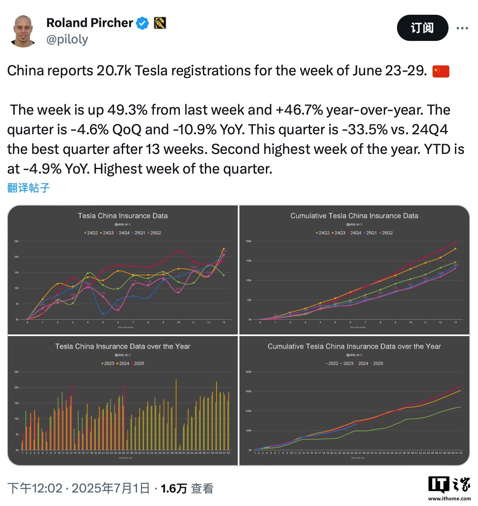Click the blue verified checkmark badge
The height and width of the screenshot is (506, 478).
click(142, 23)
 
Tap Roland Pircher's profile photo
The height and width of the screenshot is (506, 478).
click(23, 31)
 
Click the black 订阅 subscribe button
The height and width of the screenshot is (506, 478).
click(422, 28)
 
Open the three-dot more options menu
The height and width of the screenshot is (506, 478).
click(462, 28)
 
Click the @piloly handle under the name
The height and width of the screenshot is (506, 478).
click(67, 39)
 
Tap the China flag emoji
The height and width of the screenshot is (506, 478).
click(441, 71)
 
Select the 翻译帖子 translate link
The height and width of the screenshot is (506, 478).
click(29, 188)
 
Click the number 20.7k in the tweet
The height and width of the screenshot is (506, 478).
click(114, 71)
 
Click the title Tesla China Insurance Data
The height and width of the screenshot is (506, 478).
click(123, 216)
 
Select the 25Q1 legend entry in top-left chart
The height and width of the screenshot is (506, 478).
click(140, 233)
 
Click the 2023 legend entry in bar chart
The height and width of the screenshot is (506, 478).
click(108, 364)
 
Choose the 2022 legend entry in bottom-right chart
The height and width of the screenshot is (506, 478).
click(333, 364)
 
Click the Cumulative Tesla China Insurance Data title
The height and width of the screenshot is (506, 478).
click(354, 216)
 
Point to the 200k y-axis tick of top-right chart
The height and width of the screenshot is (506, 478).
click(248, 241)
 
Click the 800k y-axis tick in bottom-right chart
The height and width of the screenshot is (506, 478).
click(248, 372)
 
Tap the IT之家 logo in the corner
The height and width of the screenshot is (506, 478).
click(449, 487)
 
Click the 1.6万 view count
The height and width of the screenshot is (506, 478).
click(174, 488)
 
